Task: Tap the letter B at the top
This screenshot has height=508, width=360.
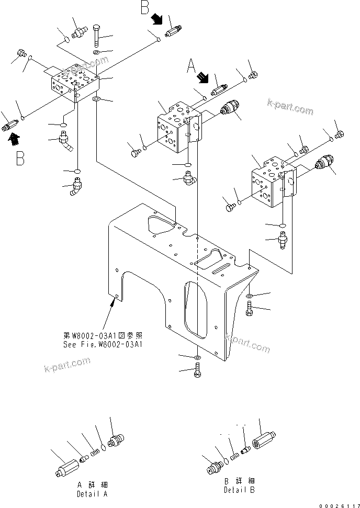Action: click(145, 9)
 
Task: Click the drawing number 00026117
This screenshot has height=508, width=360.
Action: click(335, 503)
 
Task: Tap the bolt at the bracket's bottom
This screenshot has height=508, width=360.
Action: click(196, 373)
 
